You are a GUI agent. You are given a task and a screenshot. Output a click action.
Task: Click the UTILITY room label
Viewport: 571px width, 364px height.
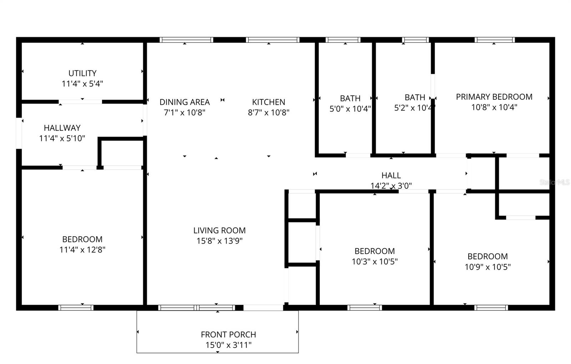pyautogui.click(x=82, y=73)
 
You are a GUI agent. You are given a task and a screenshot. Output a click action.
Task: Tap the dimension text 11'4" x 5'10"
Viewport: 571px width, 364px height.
pyautogui.click(x=62, y=138)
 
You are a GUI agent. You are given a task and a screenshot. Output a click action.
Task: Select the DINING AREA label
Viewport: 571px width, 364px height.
pyautogui.click(x=185, y=102)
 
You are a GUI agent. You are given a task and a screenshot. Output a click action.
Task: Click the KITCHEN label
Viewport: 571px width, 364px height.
pyautogui.click(x=268, y=102)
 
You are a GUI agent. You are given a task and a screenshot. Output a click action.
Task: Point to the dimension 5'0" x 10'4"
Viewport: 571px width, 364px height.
pyautogui.click(x=350, y=108)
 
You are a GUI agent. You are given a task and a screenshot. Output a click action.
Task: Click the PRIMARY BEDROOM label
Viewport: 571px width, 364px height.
pyautogui.click(x=494, y=97)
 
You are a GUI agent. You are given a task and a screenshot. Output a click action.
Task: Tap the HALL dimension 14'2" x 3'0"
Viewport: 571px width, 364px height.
pyautogui.click(x=391, y=186)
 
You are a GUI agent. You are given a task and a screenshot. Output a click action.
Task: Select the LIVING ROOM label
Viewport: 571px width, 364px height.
pyautogui.click(x=219, y=231)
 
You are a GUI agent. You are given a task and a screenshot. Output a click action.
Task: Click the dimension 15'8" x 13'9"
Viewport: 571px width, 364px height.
pyautogui.click(x=219, y=241)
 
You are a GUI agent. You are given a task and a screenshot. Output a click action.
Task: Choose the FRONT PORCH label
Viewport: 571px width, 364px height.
pyautogui.click(x=228, y=335)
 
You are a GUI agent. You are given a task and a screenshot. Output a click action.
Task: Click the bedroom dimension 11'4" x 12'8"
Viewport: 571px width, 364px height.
pyautogui.click(x=82, y=249)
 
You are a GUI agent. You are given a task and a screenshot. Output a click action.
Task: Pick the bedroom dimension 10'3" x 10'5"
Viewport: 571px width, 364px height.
pyautogui.click(x=375, y=262)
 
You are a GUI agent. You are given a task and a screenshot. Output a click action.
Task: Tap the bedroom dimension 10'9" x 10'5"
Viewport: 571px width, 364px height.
pyautogui.click(x=487, y=267)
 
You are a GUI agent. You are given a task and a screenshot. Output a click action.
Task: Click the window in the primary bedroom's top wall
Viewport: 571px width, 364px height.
pyautogui.click(x=495, y=40)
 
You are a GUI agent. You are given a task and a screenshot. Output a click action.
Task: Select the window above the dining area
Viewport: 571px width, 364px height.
pyautogui.click(x=186, y=40)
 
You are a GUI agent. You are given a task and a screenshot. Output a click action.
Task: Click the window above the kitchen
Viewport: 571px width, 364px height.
pyautogui.click(x=273, y=40)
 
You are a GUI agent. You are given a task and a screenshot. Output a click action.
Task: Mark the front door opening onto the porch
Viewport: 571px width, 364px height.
pyautogui.click(x=263, y=308)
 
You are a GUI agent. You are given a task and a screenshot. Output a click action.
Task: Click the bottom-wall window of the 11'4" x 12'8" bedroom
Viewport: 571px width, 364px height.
pyautogui.click(x=76, y=308)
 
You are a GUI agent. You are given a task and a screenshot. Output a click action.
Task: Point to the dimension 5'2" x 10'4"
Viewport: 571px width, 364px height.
pyautogui.click(x=414, y=108)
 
